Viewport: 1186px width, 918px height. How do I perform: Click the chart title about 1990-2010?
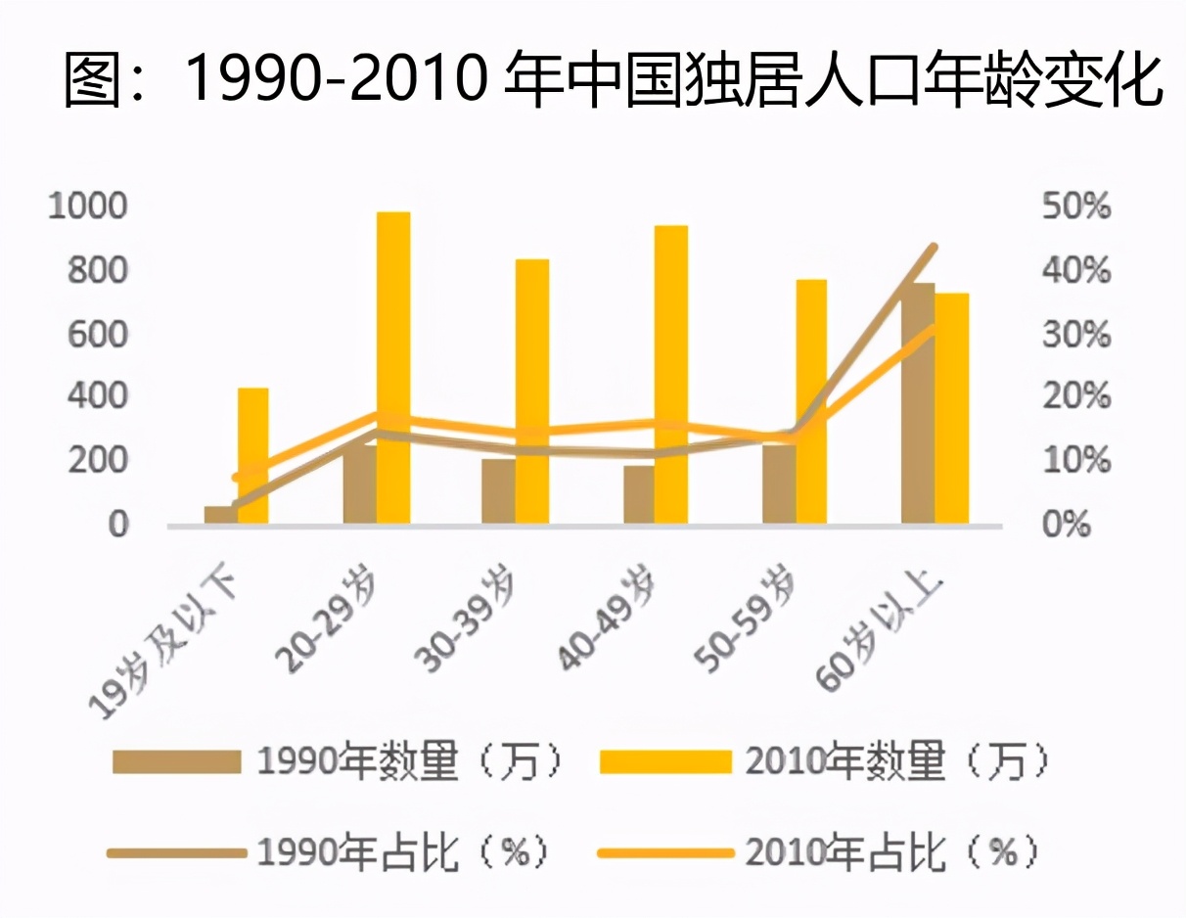click(613, 79)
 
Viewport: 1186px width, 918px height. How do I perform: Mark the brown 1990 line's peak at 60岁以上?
click(935, 248)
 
